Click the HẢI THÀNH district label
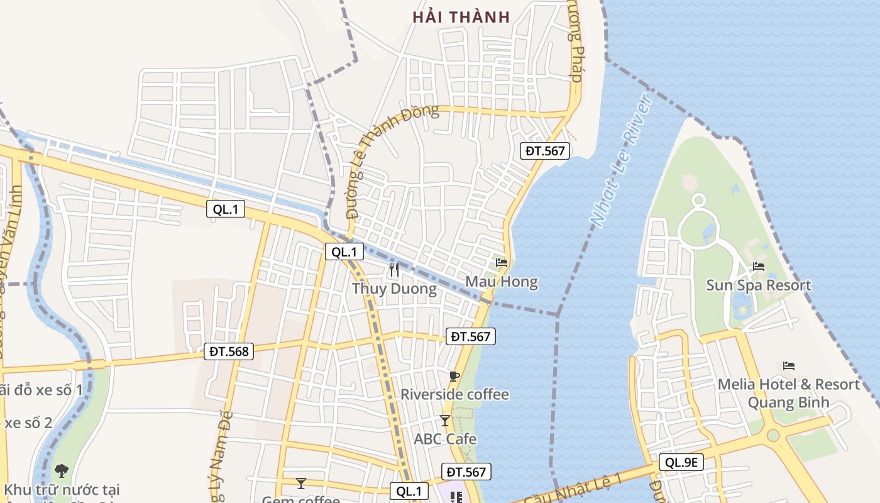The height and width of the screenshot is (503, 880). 461,17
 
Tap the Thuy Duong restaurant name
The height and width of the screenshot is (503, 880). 394,289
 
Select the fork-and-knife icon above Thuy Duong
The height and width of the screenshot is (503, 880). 394,270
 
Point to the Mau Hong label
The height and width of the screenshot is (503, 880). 502,282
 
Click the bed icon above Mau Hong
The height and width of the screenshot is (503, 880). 502,262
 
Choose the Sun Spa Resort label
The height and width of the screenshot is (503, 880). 758,285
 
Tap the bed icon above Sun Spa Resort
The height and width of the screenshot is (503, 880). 759,267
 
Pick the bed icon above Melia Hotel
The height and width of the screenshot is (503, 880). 789,365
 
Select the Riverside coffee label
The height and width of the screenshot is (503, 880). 454,395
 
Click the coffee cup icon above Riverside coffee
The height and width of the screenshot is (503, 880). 454,377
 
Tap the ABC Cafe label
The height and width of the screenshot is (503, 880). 445,439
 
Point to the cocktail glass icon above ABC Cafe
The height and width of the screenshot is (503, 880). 445,420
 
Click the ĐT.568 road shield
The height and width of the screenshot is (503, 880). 229,352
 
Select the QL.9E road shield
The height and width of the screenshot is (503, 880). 682,463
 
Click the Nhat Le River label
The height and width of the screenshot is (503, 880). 621,162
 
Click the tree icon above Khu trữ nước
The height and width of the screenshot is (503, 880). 62,470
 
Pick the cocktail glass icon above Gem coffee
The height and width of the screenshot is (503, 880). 301,483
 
